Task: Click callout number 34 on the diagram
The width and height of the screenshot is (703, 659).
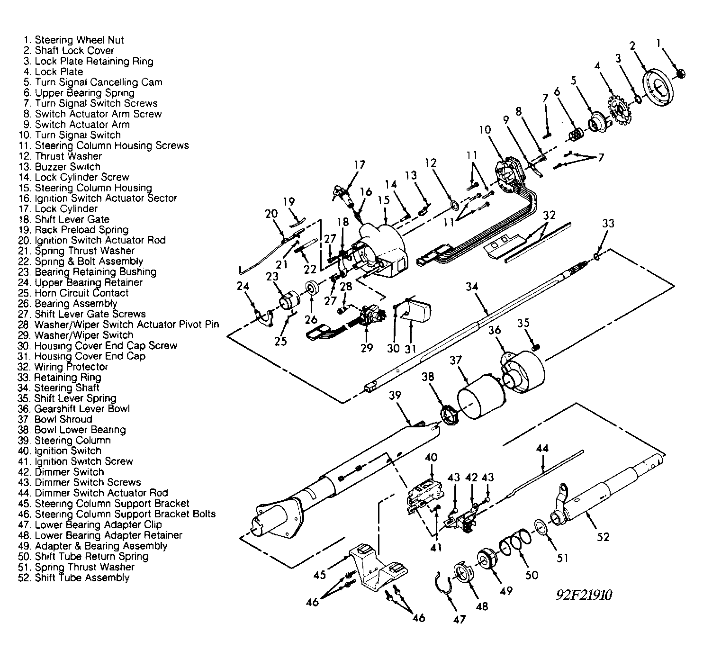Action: point(472,287)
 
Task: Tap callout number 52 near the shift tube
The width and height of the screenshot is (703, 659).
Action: point(603,537)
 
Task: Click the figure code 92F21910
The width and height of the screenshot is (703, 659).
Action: point(584,595)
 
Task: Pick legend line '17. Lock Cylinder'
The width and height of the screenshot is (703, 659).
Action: point(66,209)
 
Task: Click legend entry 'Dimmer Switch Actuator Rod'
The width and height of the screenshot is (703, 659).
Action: point(100,493)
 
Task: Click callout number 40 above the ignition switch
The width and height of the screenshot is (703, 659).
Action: point(431,458)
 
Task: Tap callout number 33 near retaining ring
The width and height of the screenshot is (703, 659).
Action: point(608,223)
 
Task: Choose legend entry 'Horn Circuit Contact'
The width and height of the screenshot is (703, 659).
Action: point(81,293)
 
